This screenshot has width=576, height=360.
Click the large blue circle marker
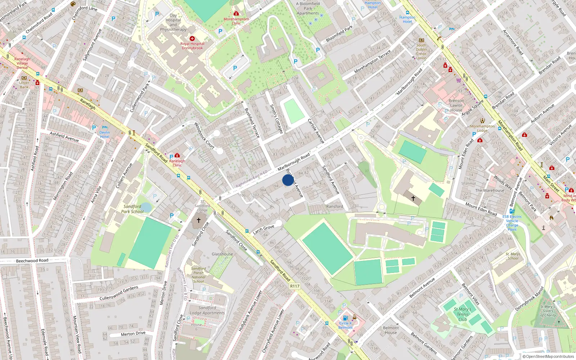[288, 180]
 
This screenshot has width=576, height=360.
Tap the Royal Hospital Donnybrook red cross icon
[192, 38]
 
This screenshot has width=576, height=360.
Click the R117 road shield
[294, 286]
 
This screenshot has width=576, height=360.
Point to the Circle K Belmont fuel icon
[345, 318]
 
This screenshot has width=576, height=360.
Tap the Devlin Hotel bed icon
[105, 127]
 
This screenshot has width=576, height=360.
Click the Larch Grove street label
[264, 229]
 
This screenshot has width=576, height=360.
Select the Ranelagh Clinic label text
[177, 163]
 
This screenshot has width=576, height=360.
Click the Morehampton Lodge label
[482, 128]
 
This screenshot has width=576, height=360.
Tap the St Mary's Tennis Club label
[463, 314]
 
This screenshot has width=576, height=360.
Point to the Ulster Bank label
[24, 85]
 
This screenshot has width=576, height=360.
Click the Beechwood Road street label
[32, 261]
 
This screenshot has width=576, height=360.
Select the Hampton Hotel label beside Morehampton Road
[407, 19]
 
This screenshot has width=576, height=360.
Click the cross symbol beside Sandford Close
[198, 220]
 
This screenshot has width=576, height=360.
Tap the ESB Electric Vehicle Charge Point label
[512, 223]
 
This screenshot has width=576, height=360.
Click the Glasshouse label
[222, 254]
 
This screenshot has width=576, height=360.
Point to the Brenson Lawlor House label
[456, 105]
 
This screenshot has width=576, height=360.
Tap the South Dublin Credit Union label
[421, 51]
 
